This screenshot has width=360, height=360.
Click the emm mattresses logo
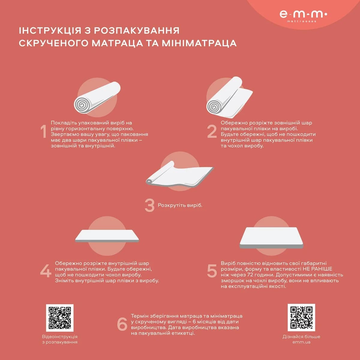coord(303,16)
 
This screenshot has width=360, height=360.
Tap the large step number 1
coord(43,131)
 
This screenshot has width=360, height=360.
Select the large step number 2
coord(212,131)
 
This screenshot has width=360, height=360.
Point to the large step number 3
coord(150,205)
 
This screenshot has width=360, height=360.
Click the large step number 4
coord(46,271)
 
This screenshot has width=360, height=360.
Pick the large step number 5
coord(212,271)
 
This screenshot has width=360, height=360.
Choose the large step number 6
coord(122,324)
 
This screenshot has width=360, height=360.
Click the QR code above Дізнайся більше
coord(301,317)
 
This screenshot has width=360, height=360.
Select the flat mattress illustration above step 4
coord(107,236)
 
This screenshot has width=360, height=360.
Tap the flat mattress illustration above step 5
coord(271,238)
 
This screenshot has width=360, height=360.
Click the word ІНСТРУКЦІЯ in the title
coord(50,31)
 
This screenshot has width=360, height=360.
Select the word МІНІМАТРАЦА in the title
coord(199,43)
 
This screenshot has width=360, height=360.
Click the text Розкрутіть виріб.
coord(180,205)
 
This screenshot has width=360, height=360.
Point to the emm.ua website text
coord(301,342)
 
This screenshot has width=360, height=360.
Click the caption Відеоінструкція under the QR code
coord(60,337)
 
